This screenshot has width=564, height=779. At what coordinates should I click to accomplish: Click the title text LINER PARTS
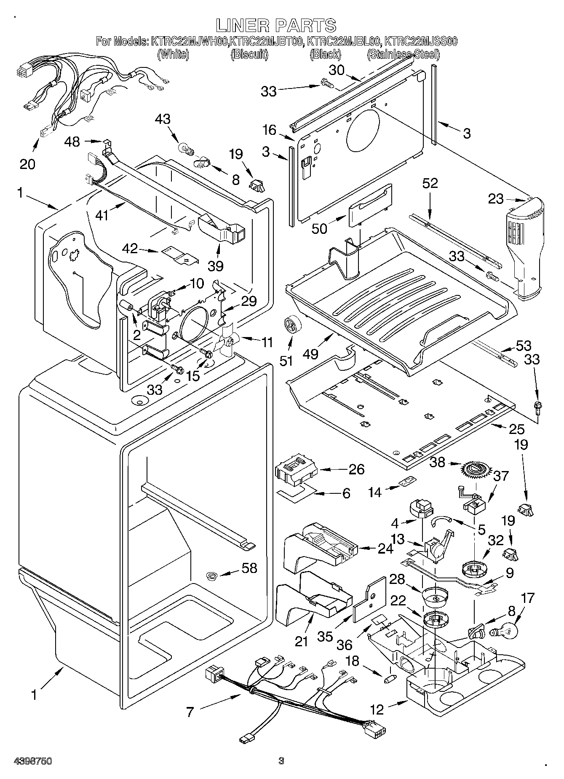click(276, 25)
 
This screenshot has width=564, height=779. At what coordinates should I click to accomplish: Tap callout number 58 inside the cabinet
click(249, 568)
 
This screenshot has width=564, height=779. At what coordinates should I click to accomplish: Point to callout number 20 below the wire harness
click(28, 163)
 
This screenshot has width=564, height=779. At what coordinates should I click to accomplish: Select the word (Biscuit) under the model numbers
click(249, 54)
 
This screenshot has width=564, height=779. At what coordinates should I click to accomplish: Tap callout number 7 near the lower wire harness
click(190, 712)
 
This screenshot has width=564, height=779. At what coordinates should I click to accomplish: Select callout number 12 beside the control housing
click(377, 710)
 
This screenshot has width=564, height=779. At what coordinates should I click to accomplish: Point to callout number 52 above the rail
click(430, 183)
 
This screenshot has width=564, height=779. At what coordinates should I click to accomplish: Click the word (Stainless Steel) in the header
click(403, 54)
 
